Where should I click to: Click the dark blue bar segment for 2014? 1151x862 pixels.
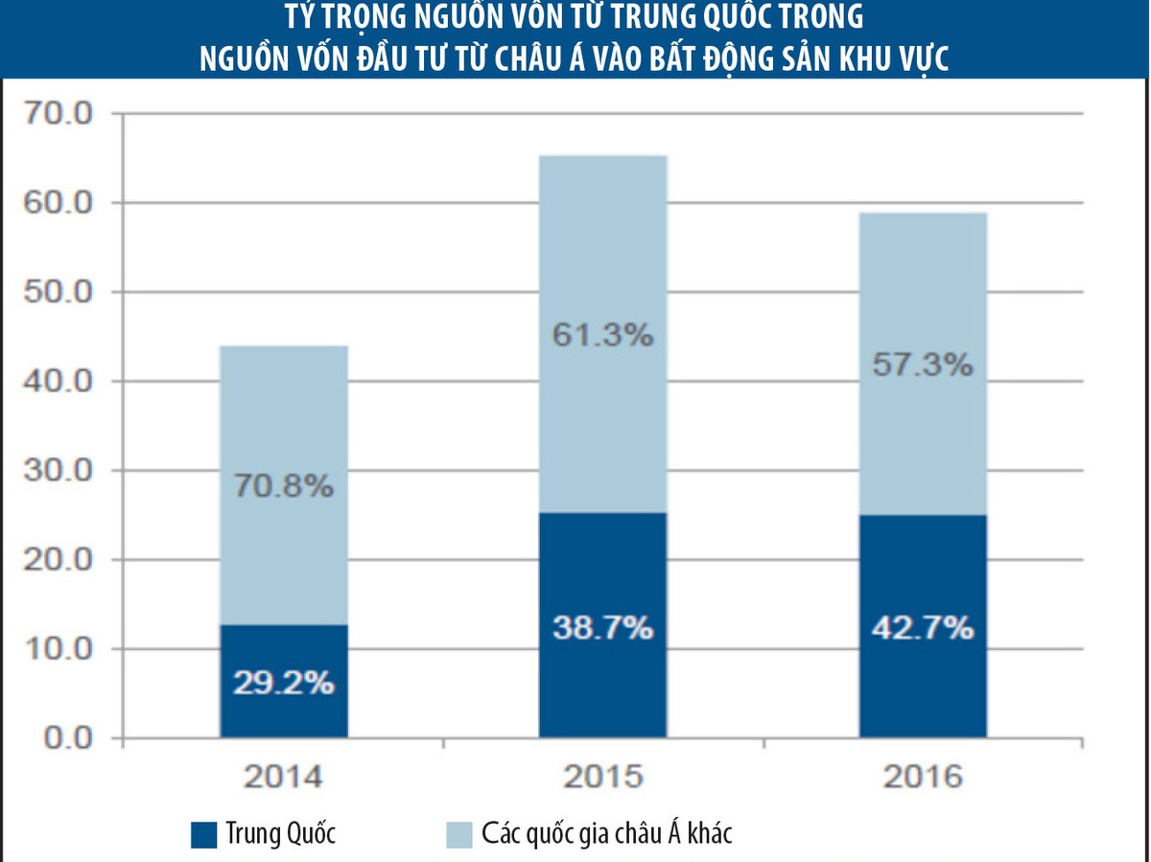coord(284,652)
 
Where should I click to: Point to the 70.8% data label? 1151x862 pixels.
coord(284,487)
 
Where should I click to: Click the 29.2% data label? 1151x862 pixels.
coord(284,684)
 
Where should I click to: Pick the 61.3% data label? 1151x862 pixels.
coord(603,336)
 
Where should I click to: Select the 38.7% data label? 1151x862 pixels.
coord(603,629)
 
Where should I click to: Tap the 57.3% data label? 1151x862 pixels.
coord(923,365)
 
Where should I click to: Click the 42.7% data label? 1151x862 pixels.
coord(923,629)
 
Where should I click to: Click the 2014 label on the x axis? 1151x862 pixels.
coord(283,777)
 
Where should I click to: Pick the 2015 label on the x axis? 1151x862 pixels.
coord(603,777)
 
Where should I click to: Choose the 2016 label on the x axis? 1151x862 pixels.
coord(923,777)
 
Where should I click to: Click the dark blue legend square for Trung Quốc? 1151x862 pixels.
coord(204,834)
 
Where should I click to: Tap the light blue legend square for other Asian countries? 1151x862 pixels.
coord(459,834)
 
